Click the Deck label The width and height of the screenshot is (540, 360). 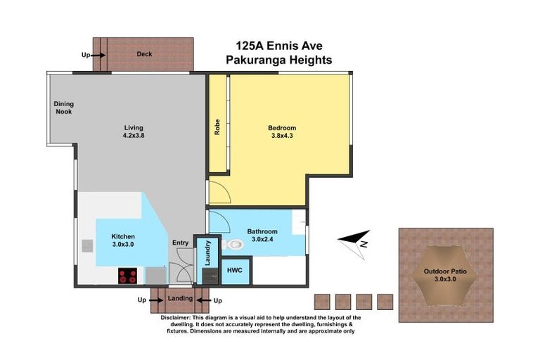144,54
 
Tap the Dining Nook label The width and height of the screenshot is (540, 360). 63,108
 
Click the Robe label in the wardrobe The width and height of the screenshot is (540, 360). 218,127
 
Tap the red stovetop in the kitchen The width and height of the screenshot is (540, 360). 127,276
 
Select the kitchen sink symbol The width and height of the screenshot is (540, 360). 86,245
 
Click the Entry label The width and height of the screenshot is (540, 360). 181,243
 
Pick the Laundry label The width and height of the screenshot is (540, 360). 207,253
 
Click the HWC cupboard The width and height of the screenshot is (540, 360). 235,271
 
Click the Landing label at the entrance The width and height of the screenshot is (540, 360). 180,299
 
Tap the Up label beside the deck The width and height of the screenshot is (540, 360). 86,54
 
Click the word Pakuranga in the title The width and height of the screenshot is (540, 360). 254,60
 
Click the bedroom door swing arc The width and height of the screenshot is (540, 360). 218,191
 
